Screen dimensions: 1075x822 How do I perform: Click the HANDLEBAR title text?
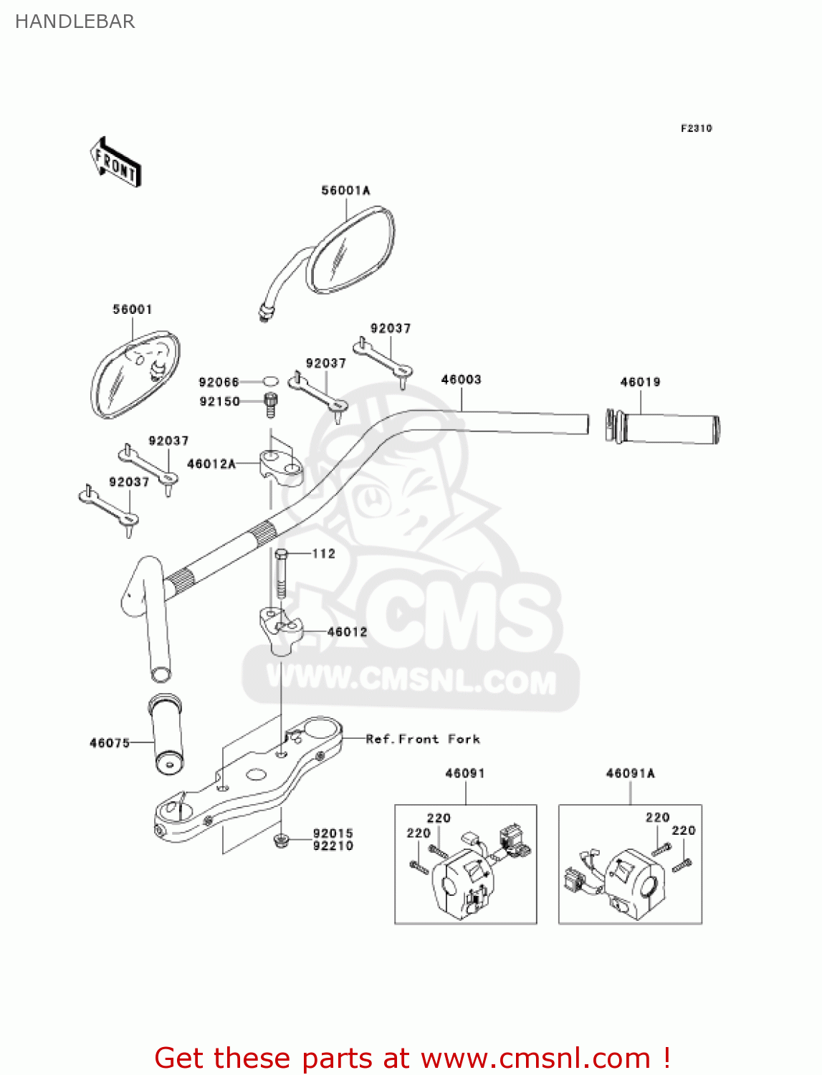pyautogui.click(x=75, y=21)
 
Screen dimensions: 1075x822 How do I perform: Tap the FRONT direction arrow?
pyautogui.click(x=115, y=163)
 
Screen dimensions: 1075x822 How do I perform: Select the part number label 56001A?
pyautogui.click(x=345, y=191)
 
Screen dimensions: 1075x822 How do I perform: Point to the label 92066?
pyautogui.click(x=219, y=383)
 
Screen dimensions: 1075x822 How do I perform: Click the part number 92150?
pyautogui.click(x=219, y=402)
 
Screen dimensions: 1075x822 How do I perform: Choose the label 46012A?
pyautogui.click(x=211, y=464)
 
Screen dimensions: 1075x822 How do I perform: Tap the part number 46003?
pyautogui.click(x=461, y=380)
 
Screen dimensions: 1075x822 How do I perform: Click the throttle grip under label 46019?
pyautogui.click(x=662, y=429)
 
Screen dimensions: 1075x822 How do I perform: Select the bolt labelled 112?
pyautogui.click(x=280, y=574)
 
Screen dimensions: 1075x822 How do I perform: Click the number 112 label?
pyautogui.click(x=324, y=554)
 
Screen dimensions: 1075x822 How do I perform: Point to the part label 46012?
pyautogui.click(x=347, y=632)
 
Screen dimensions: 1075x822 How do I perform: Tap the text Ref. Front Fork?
pyautogui.click(x=423, y=739)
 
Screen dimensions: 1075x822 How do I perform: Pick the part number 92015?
pyautogui.click(x=333, y=833)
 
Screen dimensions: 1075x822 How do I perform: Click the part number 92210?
pyautogui.click(x=333, y=846)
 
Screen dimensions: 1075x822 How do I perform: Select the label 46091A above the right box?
pyautogui.click(x=630, y=773)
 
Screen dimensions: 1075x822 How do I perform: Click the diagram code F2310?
pyautogui.click(x=696, y=128)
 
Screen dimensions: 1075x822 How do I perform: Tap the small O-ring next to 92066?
pyautogui.click(x=270, y=382)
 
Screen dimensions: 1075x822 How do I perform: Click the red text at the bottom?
pyautogui.click(x=412, y=1058)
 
